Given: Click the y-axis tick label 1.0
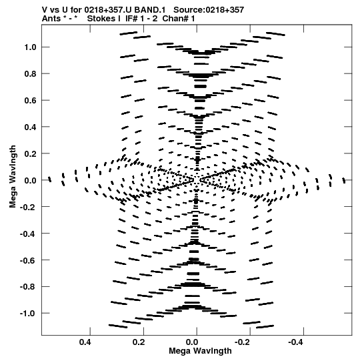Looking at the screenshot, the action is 30,47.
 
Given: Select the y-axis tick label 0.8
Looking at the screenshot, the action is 30,73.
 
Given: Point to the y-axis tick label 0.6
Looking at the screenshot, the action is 30,100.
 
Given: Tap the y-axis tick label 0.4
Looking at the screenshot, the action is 30,127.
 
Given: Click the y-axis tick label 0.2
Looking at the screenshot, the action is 30,153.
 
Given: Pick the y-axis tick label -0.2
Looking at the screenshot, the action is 28,207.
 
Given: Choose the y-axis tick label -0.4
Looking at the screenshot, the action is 28,234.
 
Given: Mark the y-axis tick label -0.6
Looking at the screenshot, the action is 28,260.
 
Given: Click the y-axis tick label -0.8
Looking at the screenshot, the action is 28,287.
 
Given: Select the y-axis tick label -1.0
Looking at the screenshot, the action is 28,314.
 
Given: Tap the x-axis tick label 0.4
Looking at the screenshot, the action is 85,342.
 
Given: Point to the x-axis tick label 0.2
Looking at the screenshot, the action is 139,342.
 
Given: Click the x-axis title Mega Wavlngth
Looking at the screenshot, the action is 200,352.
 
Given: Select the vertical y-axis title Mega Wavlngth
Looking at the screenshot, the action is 13,177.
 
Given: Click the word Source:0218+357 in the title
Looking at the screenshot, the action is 209,10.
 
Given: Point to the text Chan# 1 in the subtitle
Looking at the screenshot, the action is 179,19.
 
